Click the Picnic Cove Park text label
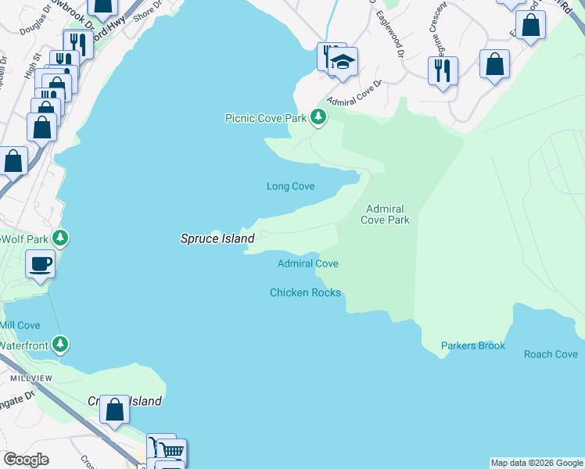265,118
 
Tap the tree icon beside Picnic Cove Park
318,117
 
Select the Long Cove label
290,186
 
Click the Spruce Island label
217,238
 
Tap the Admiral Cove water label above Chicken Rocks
307,263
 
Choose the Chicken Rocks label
305,292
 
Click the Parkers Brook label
472,345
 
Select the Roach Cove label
551,354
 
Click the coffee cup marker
39,263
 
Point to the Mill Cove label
20,324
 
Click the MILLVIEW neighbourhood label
31,378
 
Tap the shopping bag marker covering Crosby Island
115,409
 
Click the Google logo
27,460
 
